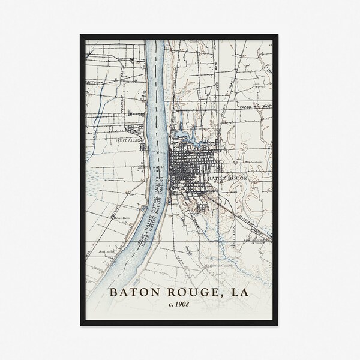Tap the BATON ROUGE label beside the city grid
coord(226,179)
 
